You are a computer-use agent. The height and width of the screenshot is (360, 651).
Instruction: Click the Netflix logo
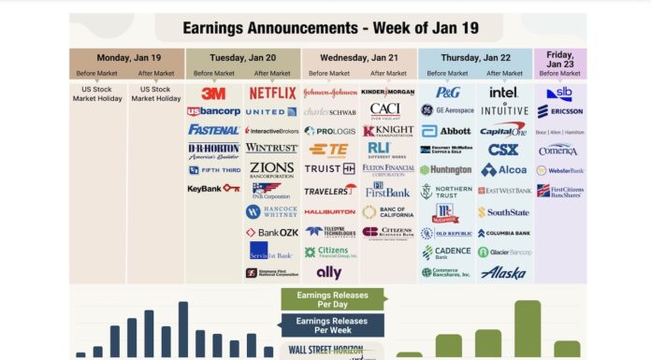click(272, 94)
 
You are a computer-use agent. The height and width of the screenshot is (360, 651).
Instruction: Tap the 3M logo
click(213, 94)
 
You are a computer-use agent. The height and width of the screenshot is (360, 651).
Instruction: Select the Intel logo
click(503, 93)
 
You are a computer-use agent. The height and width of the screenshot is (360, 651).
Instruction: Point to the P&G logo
click(447, 93)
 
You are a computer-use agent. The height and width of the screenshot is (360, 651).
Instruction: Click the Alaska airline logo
click(503, 272)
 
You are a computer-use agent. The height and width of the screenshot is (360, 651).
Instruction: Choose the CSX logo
click(503, 150)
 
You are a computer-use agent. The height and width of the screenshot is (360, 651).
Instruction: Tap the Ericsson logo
click(561, 111)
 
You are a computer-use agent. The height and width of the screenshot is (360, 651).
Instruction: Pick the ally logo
click(329, 272)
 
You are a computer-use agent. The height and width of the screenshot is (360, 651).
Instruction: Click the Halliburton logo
click(329, 211)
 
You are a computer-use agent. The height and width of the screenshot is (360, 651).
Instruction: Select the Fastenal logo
click(213, 130)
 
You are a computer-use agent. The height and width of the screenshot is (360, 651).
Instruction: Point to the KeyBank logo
click(213, 188)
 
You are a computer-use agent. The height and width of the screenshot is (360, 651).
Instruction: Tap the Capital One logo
click(503, 129)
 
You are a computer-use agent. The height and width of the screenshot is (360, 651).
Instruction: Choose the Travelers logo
click(329, 190)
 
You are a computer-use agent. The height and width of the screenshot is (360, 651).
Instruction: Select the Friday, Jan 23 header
click(560, 58)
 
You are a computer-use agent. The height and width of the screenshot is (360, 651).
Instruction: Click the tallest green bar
click(528, 328)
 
